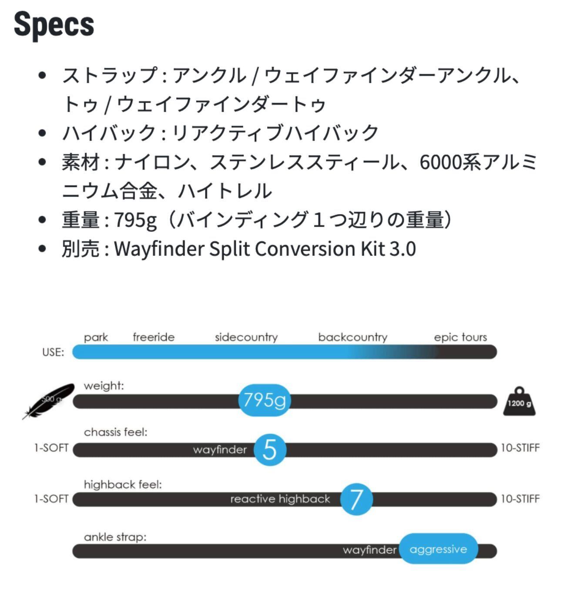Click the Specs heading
(54, 24)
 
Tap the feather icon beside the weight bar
(49, 399)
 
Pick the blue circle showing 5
(270, 449)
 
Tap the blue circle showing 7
(356, 499)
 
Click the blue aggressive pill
(438, 549)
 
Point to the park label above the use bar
(96, 337)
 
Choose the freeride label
(154, 337)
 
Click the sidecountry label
(246, 337)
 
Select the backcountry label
(352, 337)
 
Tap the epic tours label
(460, 337)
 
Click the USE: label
(53, 352)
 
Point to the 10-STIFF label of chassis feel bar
(520, 448)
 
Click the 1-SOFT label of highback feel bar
(51, 499)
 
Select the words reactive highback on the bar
(280, 499)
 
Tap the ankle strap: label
(115, 537)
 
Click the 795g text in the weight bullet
(135, 220)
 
